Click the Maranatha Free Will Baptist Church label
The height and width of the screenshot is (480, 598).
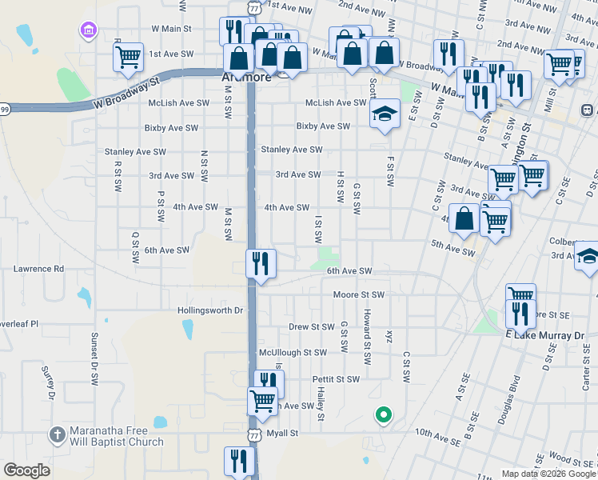[116, 436]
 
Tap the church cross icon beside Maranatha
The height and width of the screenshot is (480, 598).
[57, 435]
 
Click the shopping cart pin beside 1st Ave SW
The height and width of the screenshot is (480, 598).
[128, 58]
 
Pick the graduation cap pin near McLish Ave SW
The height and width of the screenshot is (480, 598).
[385, 114]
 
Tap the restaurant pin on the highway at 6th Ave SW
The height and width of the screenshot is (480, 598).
[261, 264]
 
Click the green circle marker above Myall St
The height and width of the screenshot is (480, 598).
[384, 414]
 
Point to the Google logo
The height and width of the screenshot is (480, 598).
[26, 470]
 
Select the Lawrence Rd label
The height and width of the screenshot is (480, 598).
[38, 270]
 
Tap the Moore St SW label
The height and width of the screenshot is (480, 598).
[359, 295]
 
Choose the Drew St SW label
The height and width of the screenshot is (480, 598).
[311, 327]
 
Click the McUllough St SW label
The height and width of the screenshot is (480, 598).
[293, 353]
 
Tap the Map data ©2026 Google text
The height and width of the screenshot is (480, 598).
[548, 474]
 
